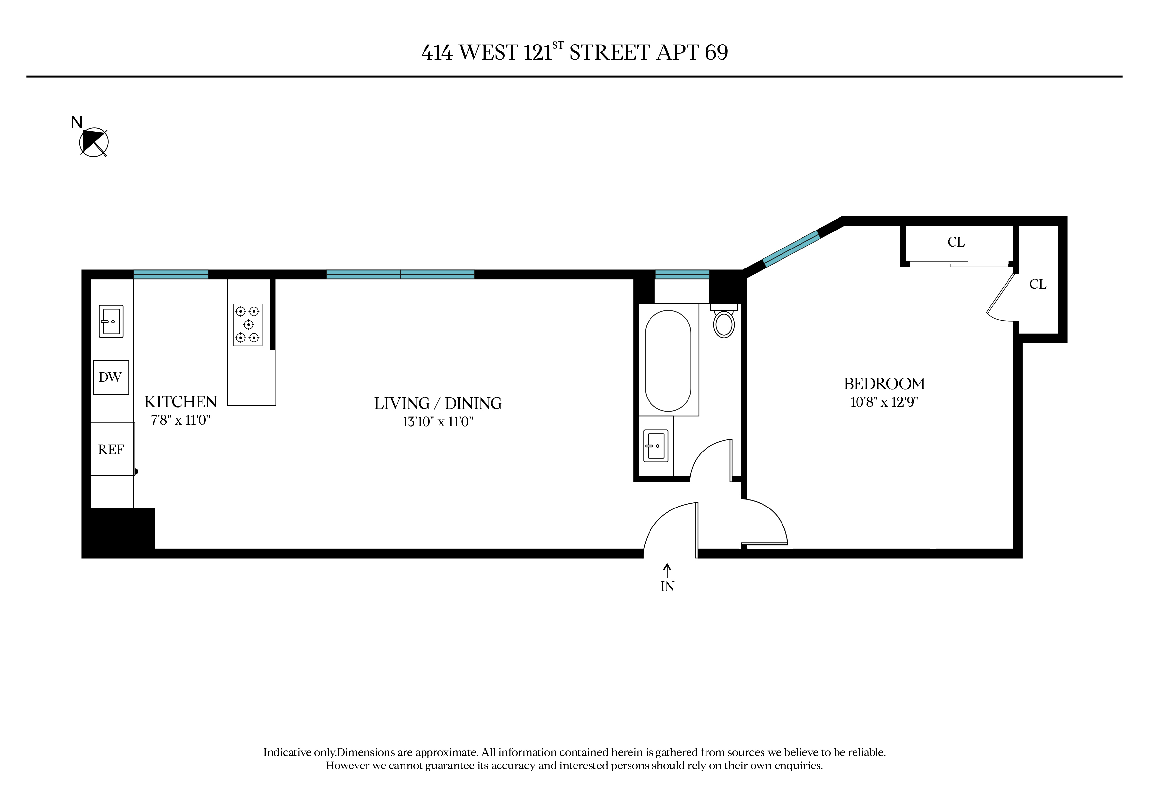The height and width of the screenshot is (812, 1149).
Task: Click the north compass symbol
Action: point(94,142)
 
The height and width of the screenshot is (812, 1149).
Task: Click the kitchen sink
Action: point(111,321)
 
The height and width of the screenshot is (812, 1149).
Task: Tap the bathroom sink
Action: point(656,445)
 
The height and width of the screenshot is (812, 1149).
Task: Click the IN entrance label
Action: point(667,586)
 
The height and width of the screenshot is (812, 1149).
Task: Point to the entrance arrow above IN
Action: point(667,571)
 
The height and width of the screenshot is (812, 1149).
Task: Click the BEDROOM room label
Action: point(884,384)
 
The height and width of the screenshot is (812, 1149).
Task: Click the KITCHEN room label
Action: point(181,402)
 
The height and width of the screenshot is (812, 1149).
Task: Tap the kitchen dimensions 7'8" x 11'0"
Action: point(181,420)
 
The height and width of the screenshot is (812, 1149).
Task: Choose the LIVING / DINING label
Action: point(438,403)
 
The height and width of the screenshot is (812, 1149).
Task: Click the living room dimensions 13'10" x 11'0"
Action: point(438,422)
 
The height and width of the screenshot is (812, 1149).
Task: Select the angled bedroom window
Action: point(792,249)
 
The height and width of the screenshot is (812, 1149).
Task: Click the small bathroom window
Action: point(682,274)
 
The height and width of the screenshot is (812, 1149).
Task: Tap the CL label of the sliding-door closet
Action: point(956,242)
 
